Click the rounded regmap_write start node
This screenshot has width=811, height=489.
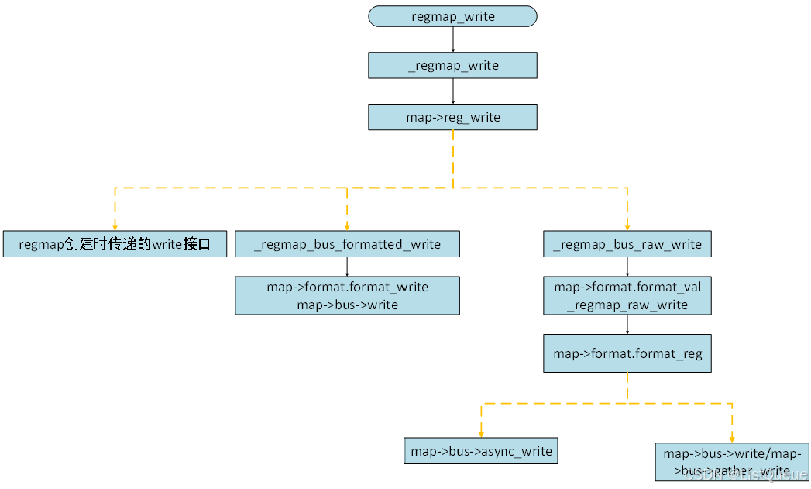click(x=452, y=16)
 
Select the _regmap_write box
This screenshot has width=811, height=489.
click(x=452, y=66)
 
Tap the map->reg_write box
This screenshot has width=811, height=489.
click(x=452, y=117)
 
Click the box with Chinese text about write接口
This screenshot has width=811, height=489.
click(x=115, y=244)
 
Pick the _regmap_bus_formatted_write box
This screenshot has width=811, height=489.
click(x=347, y=244)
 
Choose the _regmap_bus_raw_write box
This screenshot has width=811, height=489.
click(x=627, y=244)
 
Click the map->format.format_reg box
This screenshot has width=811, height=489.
click(x=627, y=353)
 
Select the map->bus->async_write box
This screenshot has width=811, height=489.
click(x=481, y=451)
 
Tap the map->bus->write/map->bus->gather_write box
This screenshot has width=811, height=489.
click(x=731, y=462)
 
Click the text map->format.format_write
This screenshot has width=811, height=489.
click(x=347, y=287)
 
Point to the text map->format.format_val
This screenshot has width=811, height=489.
click(x=627, y=287)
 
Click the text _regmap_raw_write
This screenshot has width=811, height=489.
click(x=627, y=305)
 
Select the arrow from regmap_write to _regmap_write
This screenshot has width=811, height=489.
click(x=452, y=40)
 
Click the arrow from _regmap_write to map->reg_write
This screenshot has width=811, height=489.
click(x=452, y=91)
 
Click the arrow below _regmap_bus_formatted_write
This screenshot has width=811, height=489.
click(x=347, y=267)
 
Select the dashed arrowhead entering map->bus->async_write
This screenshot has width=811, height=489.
click(x=481, y=434)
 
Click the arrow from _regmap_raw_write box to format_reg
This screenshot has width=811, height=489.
click(x=627, y=325)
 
